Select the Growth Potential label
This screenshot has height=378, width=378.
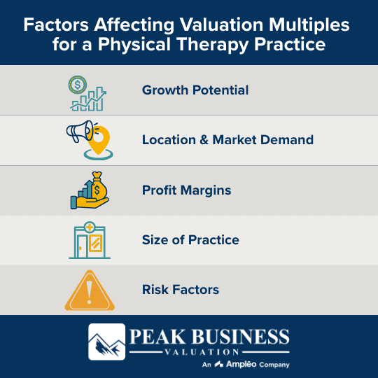coord(195,90)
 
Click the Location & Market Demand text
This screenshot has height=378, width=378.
coord(227,140)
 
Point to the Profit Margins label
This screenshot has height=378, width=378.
coord(186,190)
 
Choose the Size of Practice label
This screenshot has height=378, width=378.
coord(190,240)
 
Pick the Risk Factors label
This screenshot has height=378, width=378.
coord(181,290)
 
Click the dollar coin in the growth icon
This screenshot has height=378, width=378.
coord(78,85)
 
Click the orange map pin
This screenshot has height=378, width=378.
coord(99,140)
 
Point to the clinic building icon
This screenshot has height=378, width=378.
coord(89,240)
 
